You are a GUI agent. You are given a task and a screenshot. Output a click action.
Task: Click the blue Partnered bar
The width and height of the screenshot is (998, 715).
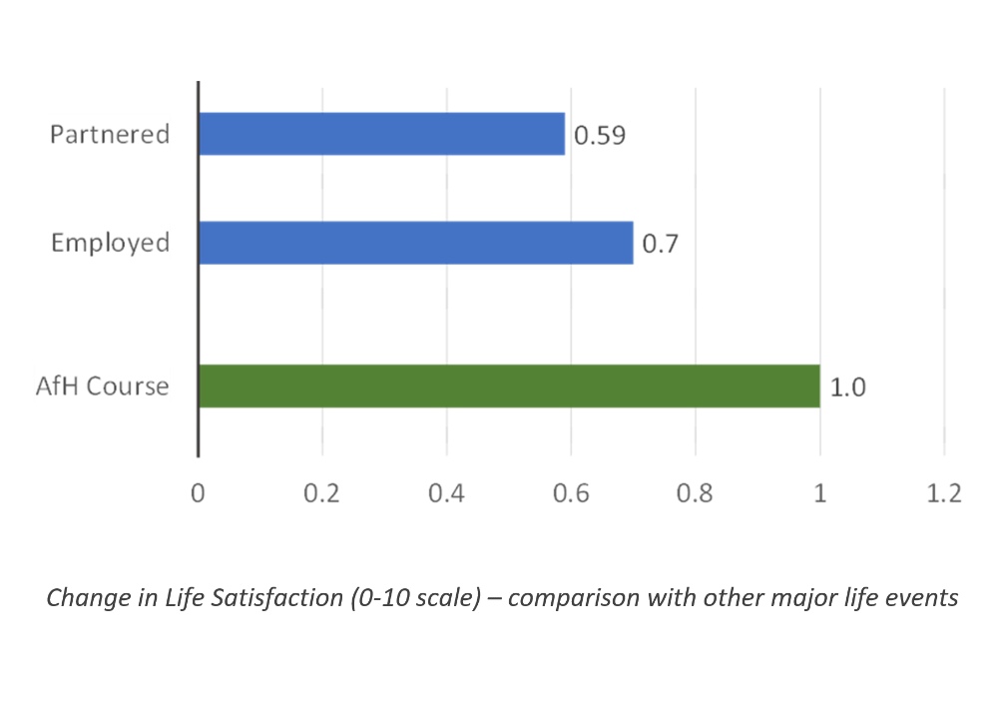point(381,134)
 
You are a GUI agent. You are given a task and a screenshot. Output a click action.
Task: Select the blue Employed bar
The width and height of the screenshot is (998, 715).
point(415,243)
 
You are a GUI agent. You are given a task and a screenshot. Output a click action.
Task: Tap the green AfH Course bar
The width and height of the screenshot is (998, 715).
point(509,386)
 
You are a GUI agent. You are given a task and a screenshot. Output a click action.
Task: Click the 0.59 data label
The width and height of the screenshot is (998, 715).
point(599,135)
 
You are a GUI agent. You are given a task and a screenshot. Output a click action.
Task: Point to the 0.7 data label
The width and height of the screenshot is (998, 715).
point(660,244)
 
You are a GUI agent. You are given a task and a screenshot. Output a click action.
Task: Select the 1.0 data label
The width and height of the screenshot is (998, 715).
point(847,387)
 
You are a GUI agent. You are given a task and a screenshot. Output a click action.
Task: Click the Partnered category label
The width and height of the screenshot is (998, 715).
point(110,134)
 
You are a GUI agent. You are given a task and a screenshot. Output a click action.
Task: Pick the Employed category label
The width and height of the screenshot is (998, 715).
point(110,243)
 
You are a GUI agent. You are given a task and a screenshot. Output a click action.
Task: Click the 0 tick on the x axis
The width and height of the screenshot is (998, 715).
point(198,494)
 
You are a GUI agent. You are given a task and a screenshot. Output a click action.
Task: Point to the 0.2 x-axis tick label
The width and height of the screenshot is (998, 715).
point(322,494)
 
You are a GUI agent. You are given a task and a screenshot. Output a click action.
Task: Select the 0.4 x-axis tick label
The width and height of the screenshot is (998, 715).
point(446,494)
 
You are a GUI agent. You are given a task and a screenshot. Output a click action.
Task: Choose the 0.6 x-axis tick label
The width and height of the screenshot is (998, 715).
point(571,494)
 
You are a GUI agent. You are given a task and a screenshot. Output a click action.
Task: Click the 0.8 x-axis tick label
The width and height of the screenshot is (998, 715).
point(695,494)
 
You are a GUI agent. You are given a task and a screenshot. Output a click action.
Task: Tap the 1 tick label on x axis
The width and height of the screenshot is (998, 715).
point(820,494)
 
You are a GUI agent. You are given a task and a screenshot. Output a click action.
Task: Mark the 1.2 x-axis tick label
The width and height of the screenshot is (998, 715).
point(943,494)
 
